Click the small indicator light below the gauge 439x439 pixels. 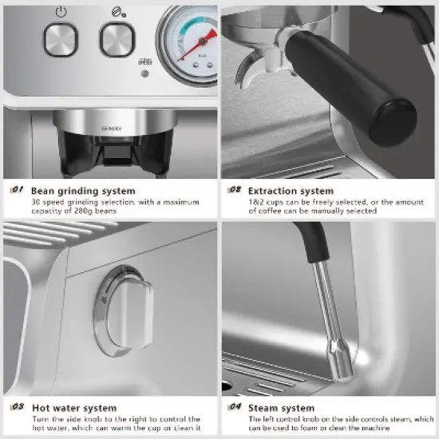[144, 74]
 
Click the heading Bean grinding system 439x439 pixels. [83, 191]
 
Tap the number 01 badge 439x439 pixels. [17, 191]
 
